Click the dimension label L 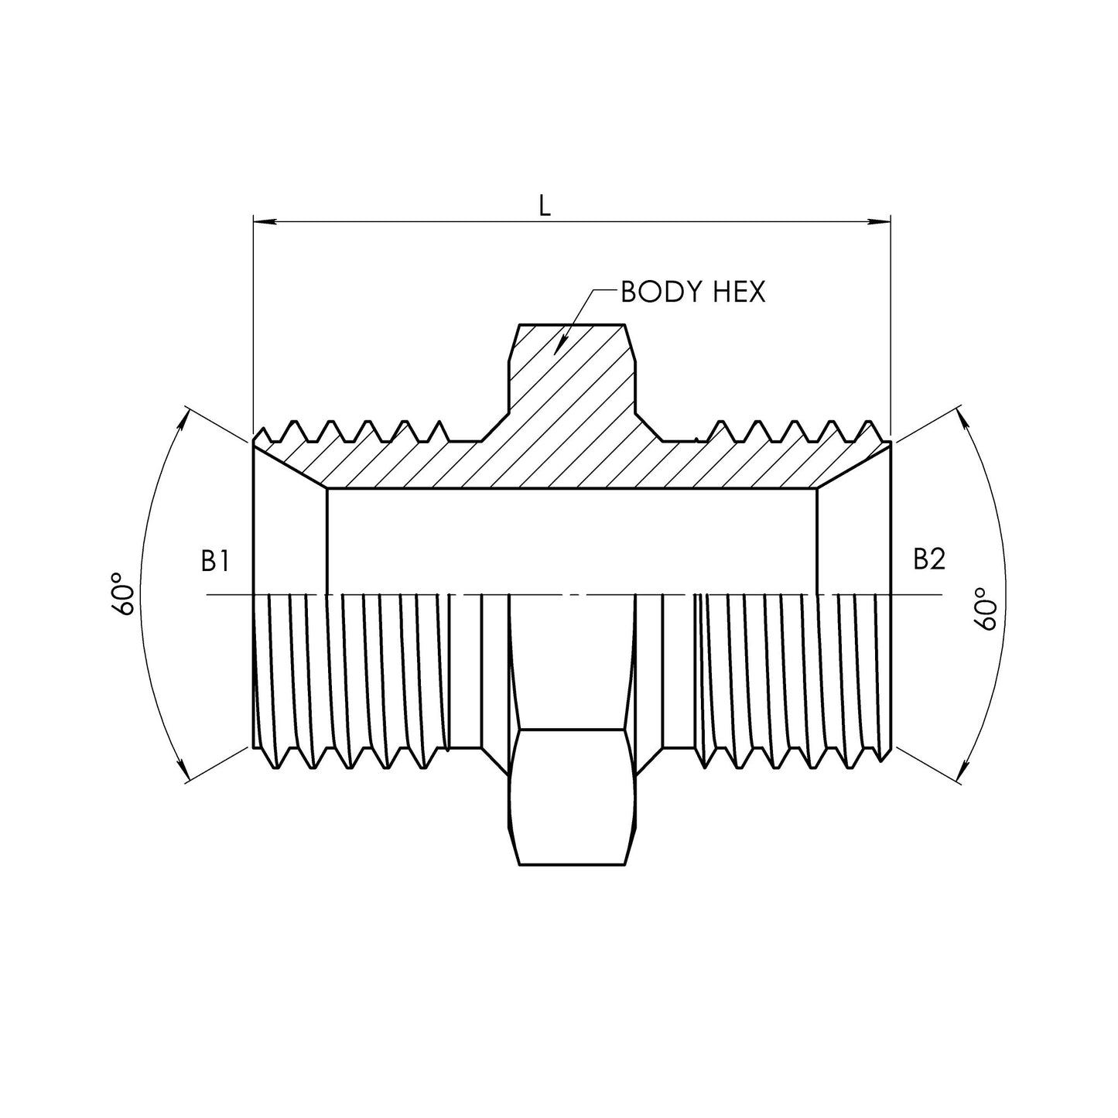(545, 205)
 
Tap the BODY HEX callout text (692, 292)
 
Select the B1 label (214, 561)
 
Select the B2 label (928, 559)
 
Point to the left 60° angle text (124, 594)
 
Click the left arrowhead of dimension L (263, 223)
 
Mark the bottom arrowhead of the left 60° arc (185, 773)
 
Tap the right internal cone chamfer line (854, 466)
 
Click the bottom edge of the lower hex (572, 863)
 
